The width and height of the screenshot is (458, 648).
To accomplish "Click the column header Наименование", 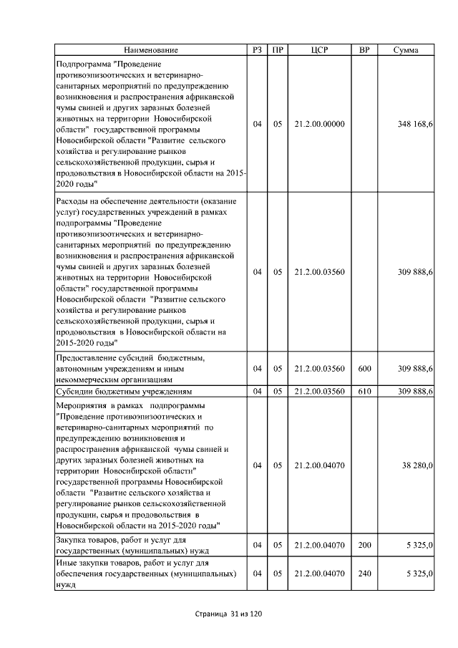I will [150, 50].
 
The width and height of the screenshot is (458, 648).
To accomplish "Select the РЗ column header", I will [258, 50].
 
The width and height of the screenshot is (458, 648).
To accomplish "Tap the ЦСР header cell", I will [319, 50].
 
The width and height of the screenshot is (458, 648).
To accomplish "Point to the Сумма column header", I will [406, 50].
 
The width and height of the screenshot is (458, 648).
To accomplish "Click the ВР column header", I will [364, 50].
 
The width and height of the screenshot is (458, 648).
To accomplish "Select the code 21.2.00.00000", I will [319, 124].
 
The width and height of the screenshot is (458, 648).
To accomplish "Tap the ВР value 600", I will [364, 369].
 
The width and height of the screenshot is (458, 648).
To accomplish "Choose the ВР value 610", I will [364, 392].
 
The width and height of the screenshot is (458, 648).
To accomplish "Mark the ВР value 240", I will [364, 574].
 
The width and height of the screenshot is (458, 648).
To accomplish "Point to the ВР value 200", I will [364, 546].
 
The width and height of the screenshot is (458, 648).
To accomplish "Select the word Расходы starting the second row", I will [72, 201].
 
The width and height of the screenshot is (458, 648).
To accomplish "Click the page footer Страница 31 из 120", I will [229, 614].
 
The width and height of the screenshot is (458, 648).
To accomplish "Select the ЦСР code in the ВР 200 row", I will [319, 546].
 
